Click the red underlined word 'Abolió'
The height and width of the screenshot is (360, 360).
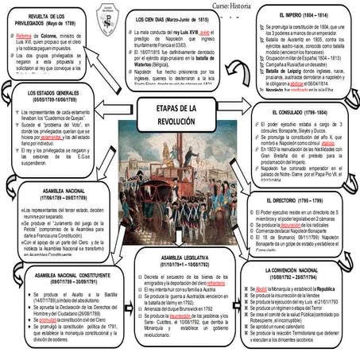pos(265,289)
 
